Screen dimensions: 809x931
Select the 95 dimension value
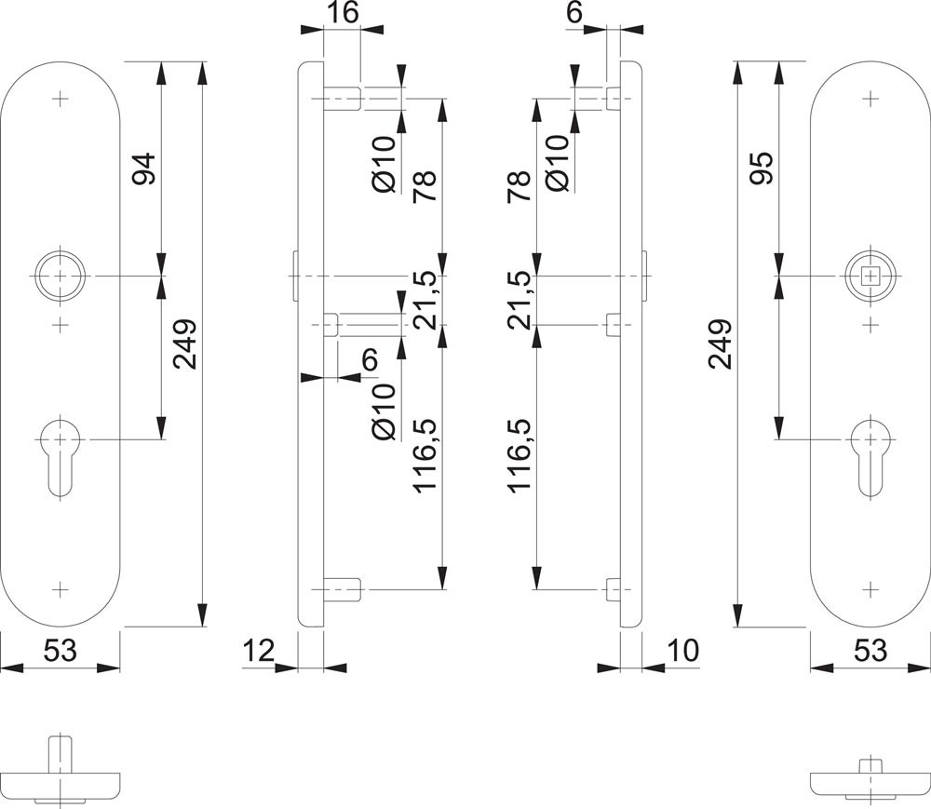(x=762, y=168)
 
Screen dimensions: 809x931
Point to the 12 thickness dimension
(x=261, y=649)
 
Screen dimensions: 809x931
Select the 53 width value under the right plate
(x=871, y=651)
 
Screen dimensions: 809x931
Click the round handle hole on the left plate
(x=61, y=276)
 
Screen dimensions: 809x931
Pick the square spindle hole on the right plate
(x=870, y=276)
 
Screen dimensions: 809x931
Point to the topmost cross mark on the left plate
(x=61, y=97)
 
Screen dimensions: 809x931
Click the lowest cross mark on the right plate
(x=870, y=589)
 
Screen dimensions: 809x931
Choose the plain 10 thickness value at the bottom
(x=683, y=649)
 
